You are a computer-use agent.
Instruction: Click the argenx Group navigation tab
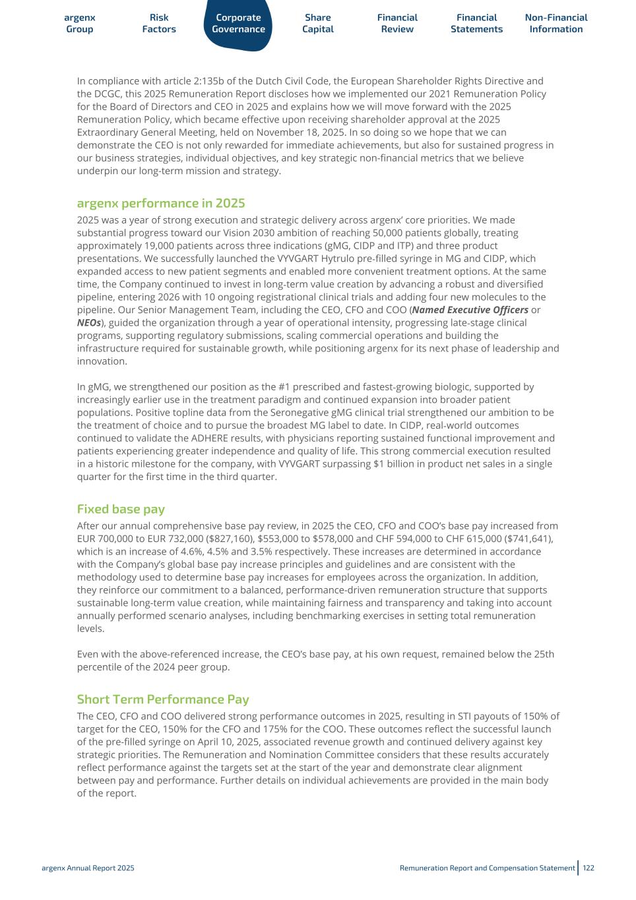(80, 23)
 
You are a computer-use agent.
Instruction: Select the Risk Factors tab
(159, 23)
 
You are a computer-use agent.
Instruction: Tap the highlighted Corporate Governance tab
(238, 23)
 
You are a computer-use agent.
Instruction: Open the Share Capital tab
(318, 23)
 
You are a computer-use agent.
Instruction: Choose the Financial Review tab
(397, 23)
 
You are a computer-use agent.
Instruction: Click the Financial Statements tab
(476, 23)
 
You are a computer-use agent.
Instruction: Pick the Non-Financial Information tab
(556, 23)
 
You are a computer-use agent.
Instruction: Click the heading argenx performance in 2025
(161, 203)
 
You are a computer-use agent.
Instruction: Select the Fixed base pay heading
(121, 509)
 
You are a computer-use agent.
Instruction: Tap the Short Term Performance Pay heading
(163, 699)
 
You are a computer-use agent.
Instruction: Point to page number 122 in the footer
(588, 868)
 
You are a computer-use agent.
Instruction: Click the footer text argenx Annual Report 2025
(88, 868)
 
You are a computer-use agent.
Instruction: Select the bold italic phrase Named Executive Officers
(470, 310)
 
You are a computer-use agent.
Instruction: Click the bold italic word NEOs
(88, 322)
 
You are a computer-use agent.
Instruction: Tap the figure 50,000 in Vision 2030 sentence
(361, 233)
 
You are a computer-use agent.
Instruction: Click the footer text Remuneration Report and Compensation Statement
(487, 868)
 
